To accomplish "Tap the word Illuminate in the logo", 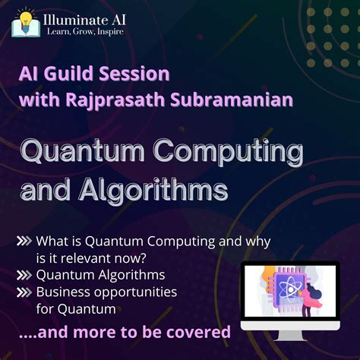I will pyautogui.click(x=73, y=17).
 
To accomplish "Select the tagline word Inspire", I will pyautogui.click(x=109, y=32).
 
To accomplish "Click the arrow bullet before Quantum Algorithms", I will pyautogui.click(x=24, y=276).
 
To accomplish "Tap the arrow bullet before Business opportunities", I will pyautogui.click(x=24, y=292).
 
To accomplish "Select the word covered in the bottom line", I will pyautogui.click(x=202, y=332).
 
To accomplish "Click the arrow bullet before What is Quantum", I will pyautogui.click(x=24, y=242).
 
